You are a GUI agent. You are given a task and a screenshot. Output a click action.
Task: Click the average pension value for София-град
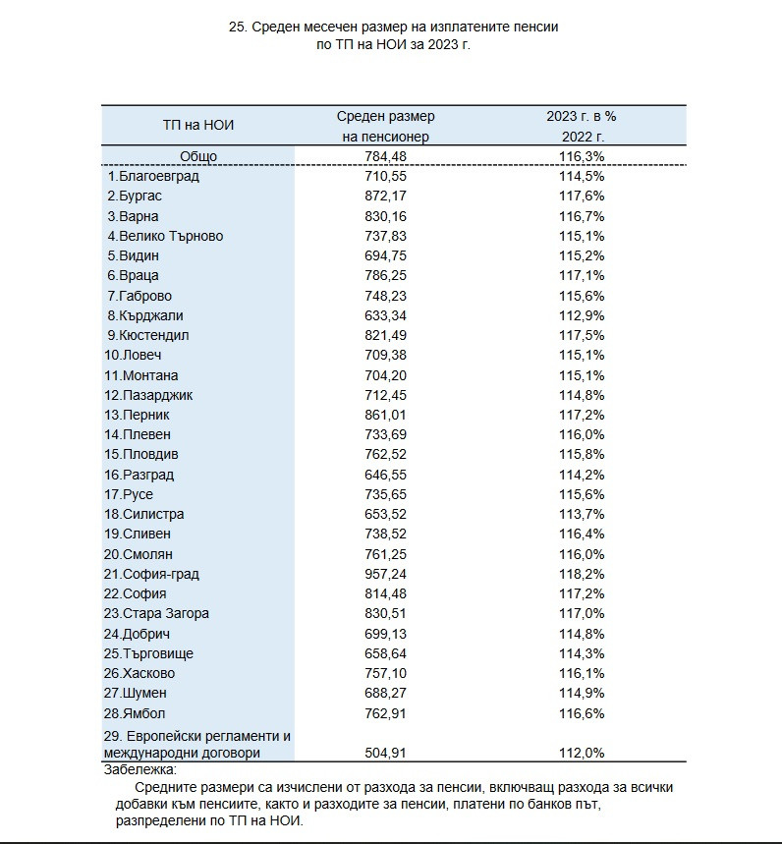[x=385, y=574]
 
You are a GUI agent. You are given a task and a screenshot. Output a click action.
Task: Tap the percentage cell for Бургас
[x=582, y=196]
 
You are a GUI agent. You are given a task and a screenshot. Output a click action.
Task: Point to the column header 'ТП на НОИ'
[x=198, y=126]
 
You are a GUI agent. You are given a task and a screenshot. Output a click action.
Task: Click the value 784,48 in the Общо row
[x=385, y=156]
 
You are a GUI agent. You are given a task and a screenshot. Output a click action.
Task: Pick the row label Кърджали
[x=145, y=315]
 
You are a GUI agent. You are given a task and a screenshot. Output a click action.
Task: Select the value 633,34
[x=385, y=315]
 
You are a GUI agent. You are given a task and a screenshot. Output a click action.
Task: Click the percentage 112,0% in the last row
[x=582, y=753]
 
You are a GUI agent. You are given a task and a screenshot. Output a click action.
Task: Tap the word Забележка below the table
[x=140, y=769]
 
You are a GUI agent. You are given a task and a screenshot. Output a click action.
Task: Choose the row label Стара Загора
[x=156, y=614]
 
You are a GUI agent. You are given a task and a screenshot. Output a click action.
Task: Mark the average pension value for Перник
[x=385, y=415]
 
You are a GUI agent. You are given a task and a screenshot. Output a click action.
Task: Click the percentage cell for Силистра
[x=582, y=514]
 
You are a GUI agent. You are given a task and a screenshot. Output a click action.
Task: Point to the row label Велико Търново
[x=165, y=236]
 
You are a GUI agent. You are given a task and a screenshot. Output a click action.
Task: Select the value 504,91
[x=385, y=753]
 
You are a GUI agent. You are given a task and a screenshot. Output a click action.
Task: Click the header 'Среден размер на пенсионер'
[x=385, y=127]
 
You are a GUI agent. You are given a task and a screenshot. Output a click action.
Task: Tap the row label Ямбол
[x=135, y=713]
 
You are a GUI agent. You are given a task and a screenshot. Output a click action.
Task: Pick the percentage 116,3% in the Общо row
[x=582, y=156]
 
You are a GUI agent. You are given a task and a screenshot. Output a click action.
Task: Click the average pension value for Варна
[x=385, y=216]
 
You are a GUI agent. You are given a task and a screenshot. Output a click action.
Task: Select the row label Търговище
[x=148, y=653]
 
